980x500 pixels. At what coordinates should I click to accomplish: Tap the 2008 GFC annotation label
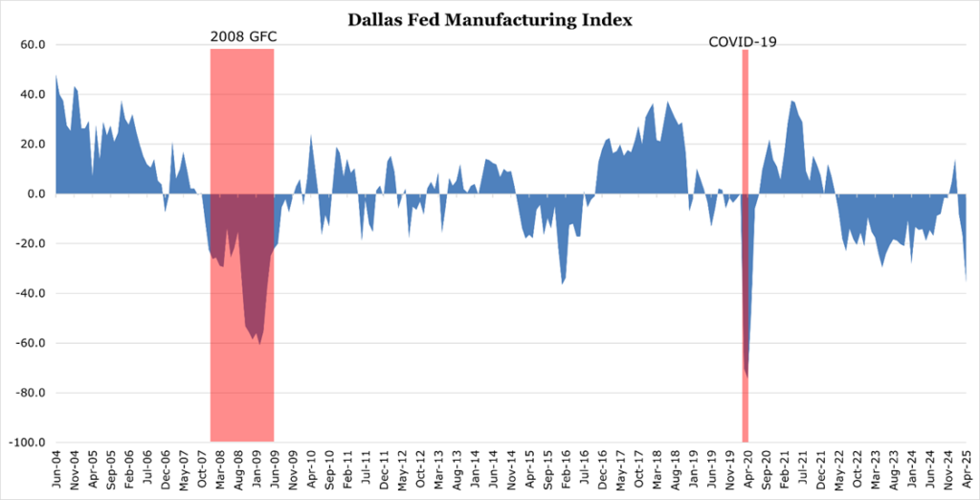point(242,38)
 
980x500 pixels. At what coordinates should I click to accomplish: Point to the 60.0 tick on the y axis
point(33,44)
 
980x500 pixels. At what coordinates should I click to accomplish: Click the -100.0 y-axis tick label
point(30,443)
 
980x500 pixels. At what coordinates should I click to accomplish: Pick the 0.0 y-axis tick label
point(37,193)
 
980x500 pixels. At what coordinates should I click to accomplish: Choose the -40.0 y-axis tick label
point(32,293)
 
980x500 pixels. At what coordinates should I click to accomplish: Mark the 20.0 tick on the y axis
point(33,144)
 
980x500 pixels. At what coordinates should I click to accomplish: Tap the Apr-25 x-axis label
point(966,471)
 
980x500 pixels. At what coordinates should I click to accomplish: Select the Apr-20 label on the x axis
point(746,471)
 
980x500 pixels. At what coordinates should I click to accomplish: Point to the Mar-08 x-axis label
point(221,471)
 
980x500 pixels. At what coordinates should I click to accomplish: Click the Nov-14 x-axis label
point(515,471)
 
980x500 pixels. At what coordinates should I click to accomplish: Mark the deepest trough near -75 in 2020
point(746,376)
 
